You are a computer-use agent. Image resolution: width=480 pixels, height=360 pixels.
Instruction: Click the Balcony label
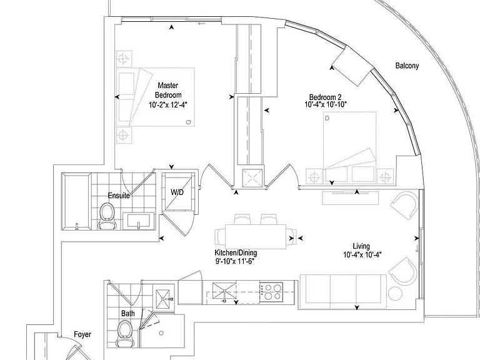(x=407, y=66)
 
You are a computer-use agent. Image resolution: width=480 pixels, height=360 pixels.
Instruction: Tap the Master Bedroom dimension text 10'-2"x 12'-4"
(x=167, y=105)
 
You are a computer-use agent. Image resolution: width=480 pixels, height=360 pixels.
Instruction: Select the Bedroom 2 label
(x=325, y=97)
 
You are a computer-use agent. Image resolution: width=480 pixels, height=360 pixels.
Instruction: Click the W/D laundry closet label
(x=177, y=192)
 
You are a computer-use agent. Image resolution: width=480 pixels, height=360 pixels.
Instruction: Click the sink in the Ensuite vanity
(x=139, y=221)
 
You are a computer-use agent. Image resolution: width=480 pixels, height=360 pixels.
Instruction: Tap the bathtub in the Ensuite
(x=76, y=201)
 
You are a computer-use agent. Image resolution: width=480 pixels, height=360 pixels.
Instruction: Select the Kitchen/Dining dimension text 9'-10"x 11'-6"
(x=235, y=261)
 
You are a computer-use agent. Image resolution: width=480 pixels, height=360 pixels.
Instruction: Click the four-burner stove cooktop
(x=271, y=292)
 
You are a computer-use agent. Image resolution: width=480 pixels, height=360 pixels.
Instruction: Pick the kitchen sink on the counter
(x=224, y=292)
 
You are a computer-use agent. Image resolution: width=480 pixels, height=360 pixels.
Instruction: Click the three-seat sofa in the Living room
(x=342, y=292)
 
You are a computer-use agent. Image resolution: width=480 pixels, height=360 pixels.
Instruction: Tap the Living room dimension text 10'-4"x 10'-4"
(x=362, y=255)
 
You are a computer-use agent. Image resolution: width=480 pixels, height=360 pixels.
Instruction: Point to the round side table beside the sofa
(x=395, y=294)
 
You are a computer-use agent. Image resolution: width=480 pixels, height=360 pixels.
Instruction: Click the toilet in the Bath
(x=125, y=334)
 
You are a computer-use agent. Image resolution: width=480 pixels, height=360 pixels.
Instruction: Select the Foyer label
(x=82, y=334)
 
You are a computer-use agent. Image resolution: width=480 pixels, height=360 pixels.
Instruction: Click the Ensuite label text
(x=119, y=196)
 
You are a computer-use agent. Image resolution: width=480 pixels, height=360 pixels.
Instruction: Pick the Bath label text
(x=128, y=314)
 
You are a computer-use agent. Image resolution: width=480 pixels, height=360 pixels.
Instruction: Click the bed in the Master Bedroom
(x=156, y=97)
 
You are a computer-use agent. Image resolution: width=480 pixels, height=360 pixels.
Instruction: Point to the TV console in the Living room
(x=351, y=197)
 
